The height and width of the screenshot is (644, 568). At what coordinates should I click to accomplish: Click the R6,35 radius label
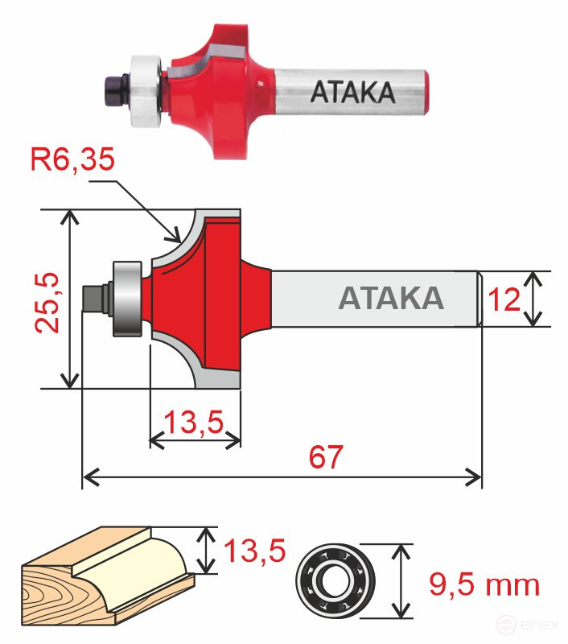[73, 159]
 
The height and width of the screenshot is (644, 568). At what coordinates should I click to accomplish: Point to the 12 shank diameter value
[505, 300]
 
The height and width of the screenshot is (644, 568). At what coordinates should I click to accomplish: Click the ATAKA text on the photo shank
[352, 93]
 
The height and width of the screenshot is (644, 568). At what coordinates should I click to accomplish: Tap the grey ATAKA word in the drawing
[391, 298]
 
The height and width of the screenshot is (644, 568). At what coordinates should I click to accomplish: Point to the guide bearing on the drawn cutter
[126, 299]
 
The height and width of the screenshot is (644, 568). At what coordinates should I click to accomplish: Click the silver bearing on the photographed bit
[148, 79]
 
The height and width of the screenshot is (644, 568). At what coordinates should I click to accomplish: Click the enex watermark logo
[528, 625]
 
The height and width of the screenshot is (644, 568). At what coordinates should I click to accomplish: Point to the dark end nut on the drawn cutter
[94, 297]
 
